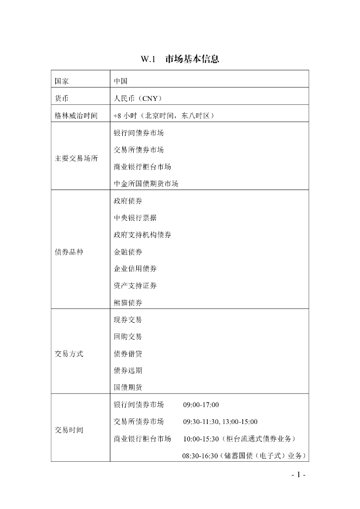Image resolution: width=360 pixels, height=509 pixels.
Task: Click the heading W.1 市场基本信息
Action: click(180, 59)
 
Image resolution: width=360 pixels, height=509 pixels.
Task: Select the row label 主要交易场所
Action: click(76, 159)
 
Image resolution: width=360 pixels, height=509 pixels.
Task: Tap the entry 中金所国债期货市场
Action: click(146, 183)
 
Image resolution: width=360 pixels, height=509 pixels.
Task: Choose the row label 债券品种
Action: click(69, 252)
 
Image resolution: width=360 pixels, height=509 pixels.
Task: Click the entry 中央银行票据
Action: click(135, 218)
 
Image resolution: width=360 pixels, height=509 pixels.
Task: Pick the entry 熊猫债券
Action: click(128, 302)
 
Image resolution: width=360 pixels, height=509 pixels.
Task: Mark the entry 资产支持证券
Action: click(135, 285)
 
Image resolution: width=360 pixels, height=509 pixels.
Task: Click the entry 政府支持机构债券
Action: click(142, 235)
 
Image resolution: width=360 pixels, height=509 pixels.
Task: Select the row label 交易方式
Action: click(69, 354)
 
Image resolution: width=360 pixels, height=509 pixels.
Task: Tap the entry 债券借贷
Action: click(128, 353)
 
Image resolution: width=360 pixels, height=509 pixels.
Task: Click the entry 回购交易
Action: click(128, 337)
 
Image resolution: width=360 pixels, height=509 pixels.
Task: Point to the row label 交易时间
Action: click(69, 430)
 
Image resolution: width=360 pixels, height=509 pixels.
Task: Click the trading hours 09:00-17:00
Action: click(201, 405)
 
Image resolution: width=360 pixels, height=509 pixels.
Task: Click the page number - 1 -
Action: click(298, 475)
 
